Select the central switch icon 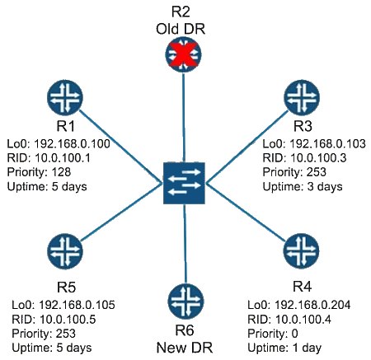184,183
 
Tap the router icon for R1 65,98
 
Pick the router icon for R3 302,98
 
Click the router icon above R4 301,251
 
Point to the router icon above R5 65,251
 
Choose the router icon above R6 185,302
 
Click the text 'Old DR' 181,29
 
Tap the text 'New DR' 185,348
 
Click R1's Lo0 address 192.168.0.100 73,143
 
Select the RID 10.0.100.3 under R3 318,158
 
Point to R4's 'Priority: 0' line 273,334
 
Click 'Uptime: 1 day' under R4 284,348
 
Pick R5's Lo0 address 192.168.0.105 77,305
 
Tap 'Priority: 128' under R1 39,172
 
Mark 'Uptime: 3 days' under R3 303,187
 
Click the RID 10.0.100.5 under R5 68,319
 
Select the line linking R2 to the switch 184,118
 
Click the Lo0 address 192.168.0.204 312,305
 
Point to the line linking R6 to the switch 185,244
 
